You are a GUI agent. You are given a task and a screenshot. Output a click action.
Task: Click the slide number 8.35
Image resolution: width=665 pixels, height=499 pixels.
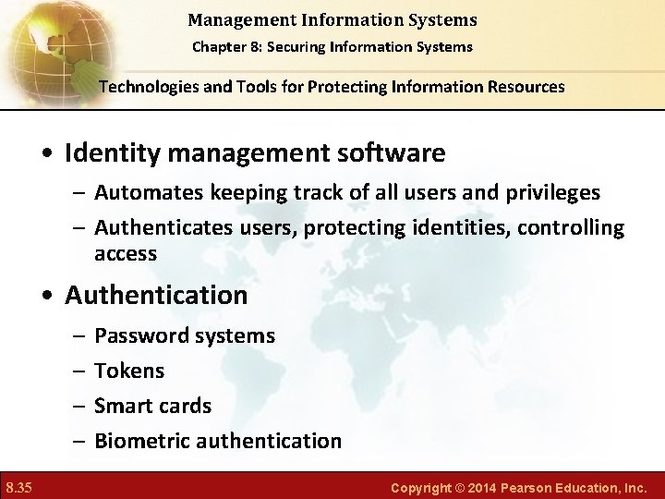tap(19, 485)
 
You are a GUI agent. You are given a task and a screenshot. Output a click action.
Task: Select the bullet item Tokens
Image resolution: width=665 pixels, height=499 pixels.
tap(129, 371)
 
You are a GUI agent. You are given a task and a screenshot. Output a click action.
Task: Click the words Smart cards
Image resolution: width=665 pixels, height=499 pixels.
tap(153, 406)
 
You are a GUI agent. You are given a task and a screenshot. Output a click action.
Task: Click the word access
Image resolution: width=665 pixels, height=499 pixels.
tap(125, 253)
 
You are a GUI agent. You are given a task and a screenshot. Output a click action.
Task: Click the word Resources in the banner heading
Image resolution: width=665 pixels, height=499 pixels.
tap(521, 87)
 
